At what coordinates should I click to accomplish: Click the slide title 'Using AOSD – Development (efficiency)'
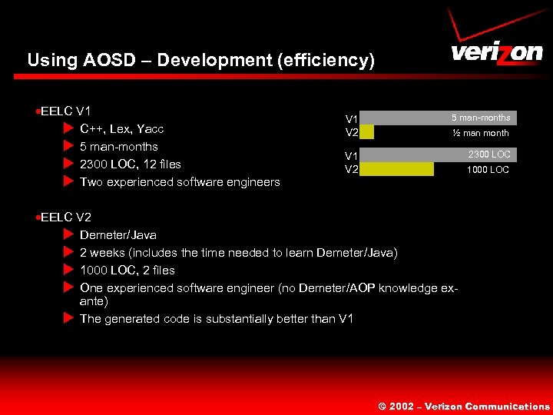200,60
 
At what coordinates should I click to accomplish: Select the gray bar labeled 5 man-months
438,118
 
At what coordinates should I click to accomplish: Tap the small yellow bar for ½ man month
366,132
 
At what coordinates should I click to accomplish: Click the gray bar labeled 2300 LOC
438,154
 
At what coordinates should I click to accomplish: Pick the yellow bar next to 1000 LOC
396,169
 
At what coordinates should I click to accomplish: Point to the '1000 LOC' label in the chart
488,170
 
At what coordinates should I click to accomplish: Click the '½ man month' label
480,133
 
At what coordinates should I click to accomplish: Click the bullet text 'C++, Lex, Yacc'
121,128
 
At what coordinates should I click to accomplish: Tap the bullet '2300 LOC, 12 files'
131,164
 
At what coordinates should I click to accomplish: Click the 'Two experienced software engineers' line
180,182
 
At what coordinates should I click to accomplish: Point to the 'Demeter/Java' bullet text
118,234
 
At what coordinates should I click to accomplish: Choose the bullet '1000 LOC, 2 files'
127,270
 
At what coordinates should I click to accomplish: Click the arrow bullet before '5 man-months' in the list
68,146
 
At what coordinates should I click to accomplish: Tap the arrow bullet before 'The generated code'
68,318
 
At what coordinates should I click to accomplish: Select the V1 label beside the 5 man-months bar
351,119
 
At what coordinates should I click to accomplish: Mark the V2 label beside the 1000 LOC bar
351,170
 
